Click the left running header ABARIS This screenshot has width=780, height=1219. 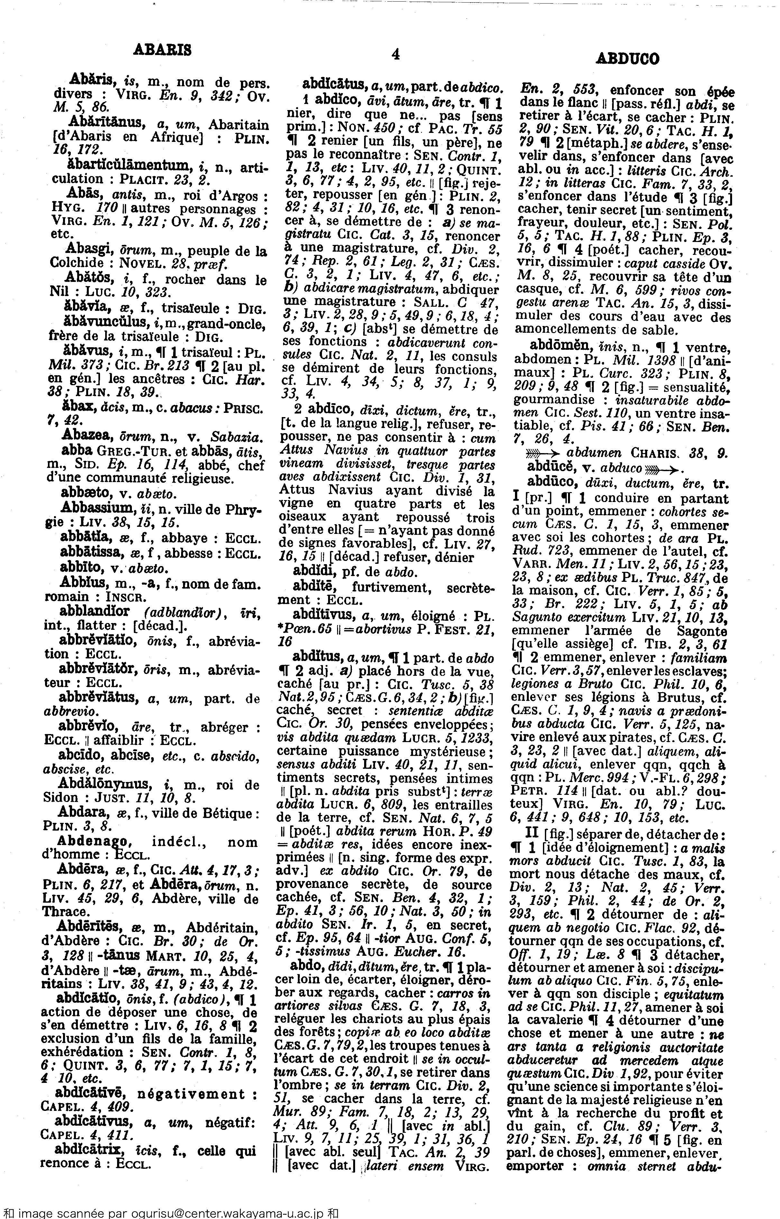pos(162,50)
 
